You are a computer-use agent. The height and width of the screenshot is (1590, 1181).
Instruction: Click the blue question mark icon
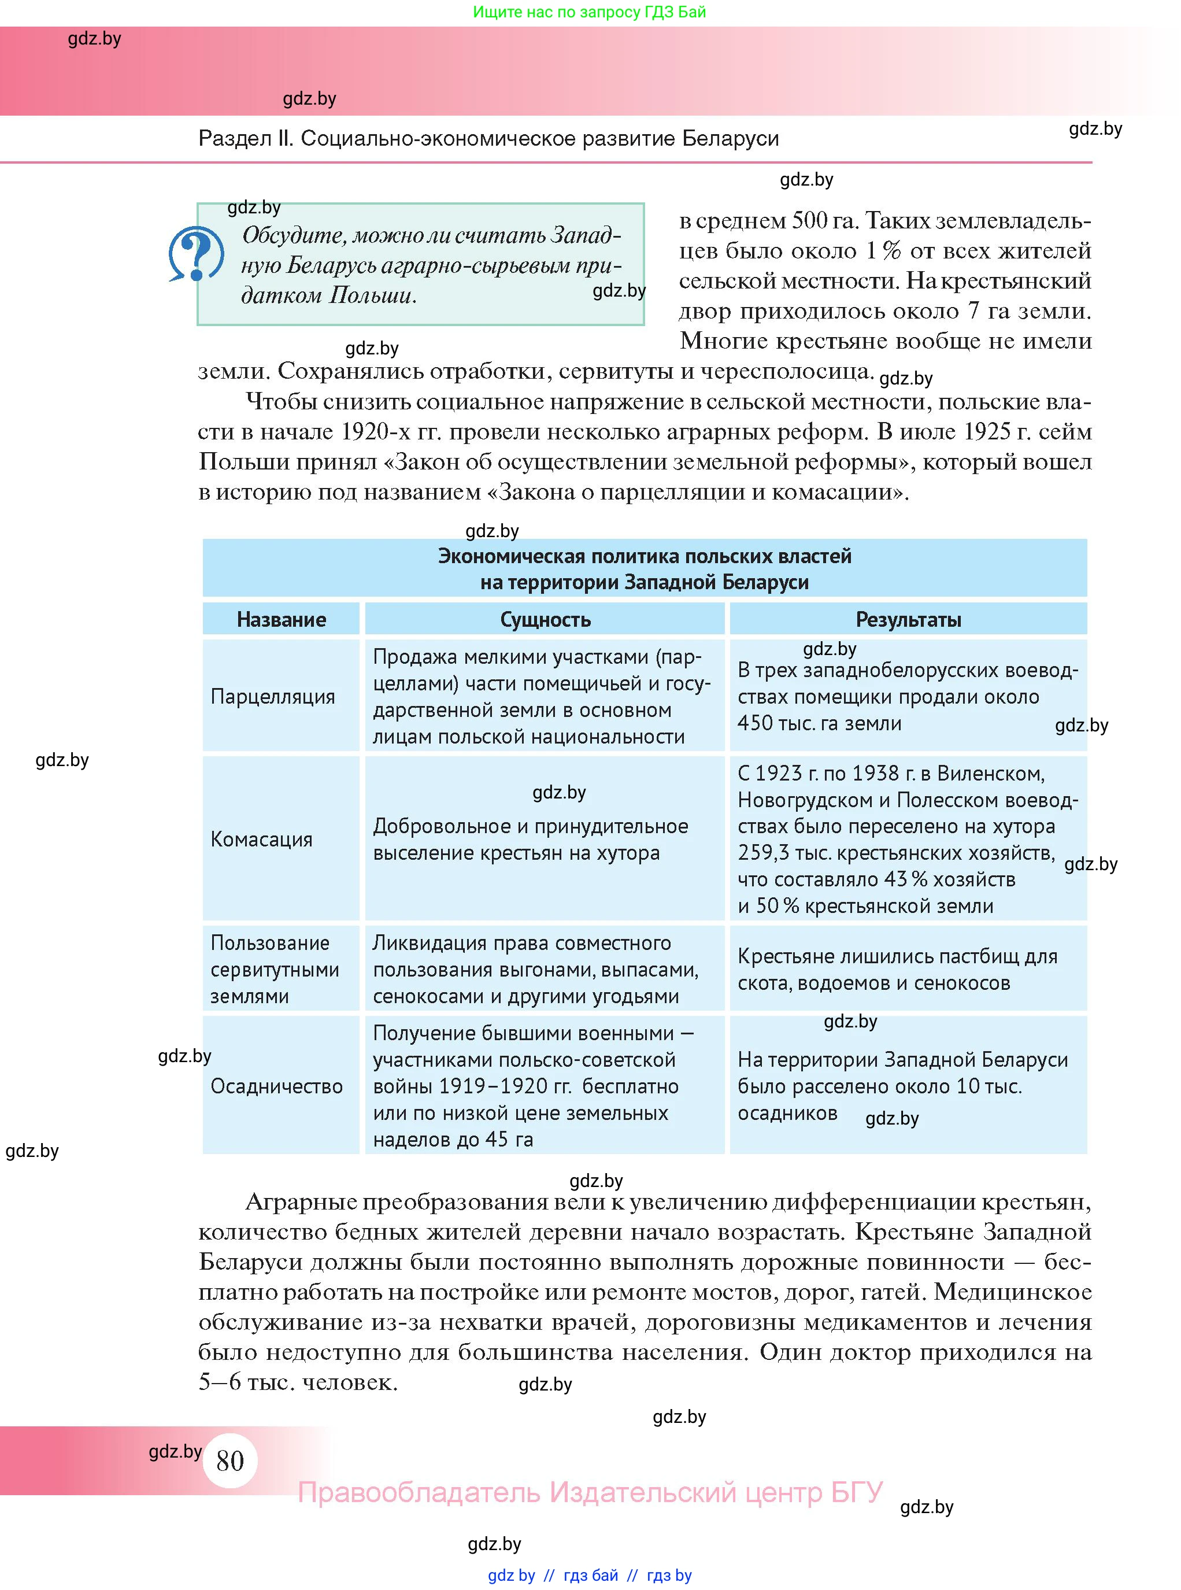[196, 254]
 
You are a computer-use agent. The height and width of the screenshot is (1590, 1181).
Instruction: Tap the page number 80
[229, 1460]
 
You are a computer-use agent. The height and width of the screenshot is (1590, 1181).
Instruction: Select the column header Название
[281, 619]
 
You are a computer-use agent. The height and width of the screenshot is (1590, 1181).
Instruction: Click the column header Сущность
[545, 619]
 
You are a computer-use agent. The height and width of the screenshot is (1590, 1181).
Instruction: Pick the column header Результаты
[908, 619]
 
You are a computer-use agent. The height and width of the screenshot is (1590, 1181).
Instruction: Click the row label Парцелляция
[272, 696]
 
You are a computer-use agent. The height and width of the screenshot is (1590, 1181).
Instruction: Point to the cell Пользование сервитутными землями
[275, 970]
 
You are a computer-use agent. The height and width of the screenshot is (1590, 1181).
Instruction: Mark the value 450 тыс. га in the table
[786, 723]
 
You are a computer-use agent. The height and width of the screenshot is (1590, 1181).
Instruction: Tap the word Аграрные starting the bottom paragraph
[300, 1203]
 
